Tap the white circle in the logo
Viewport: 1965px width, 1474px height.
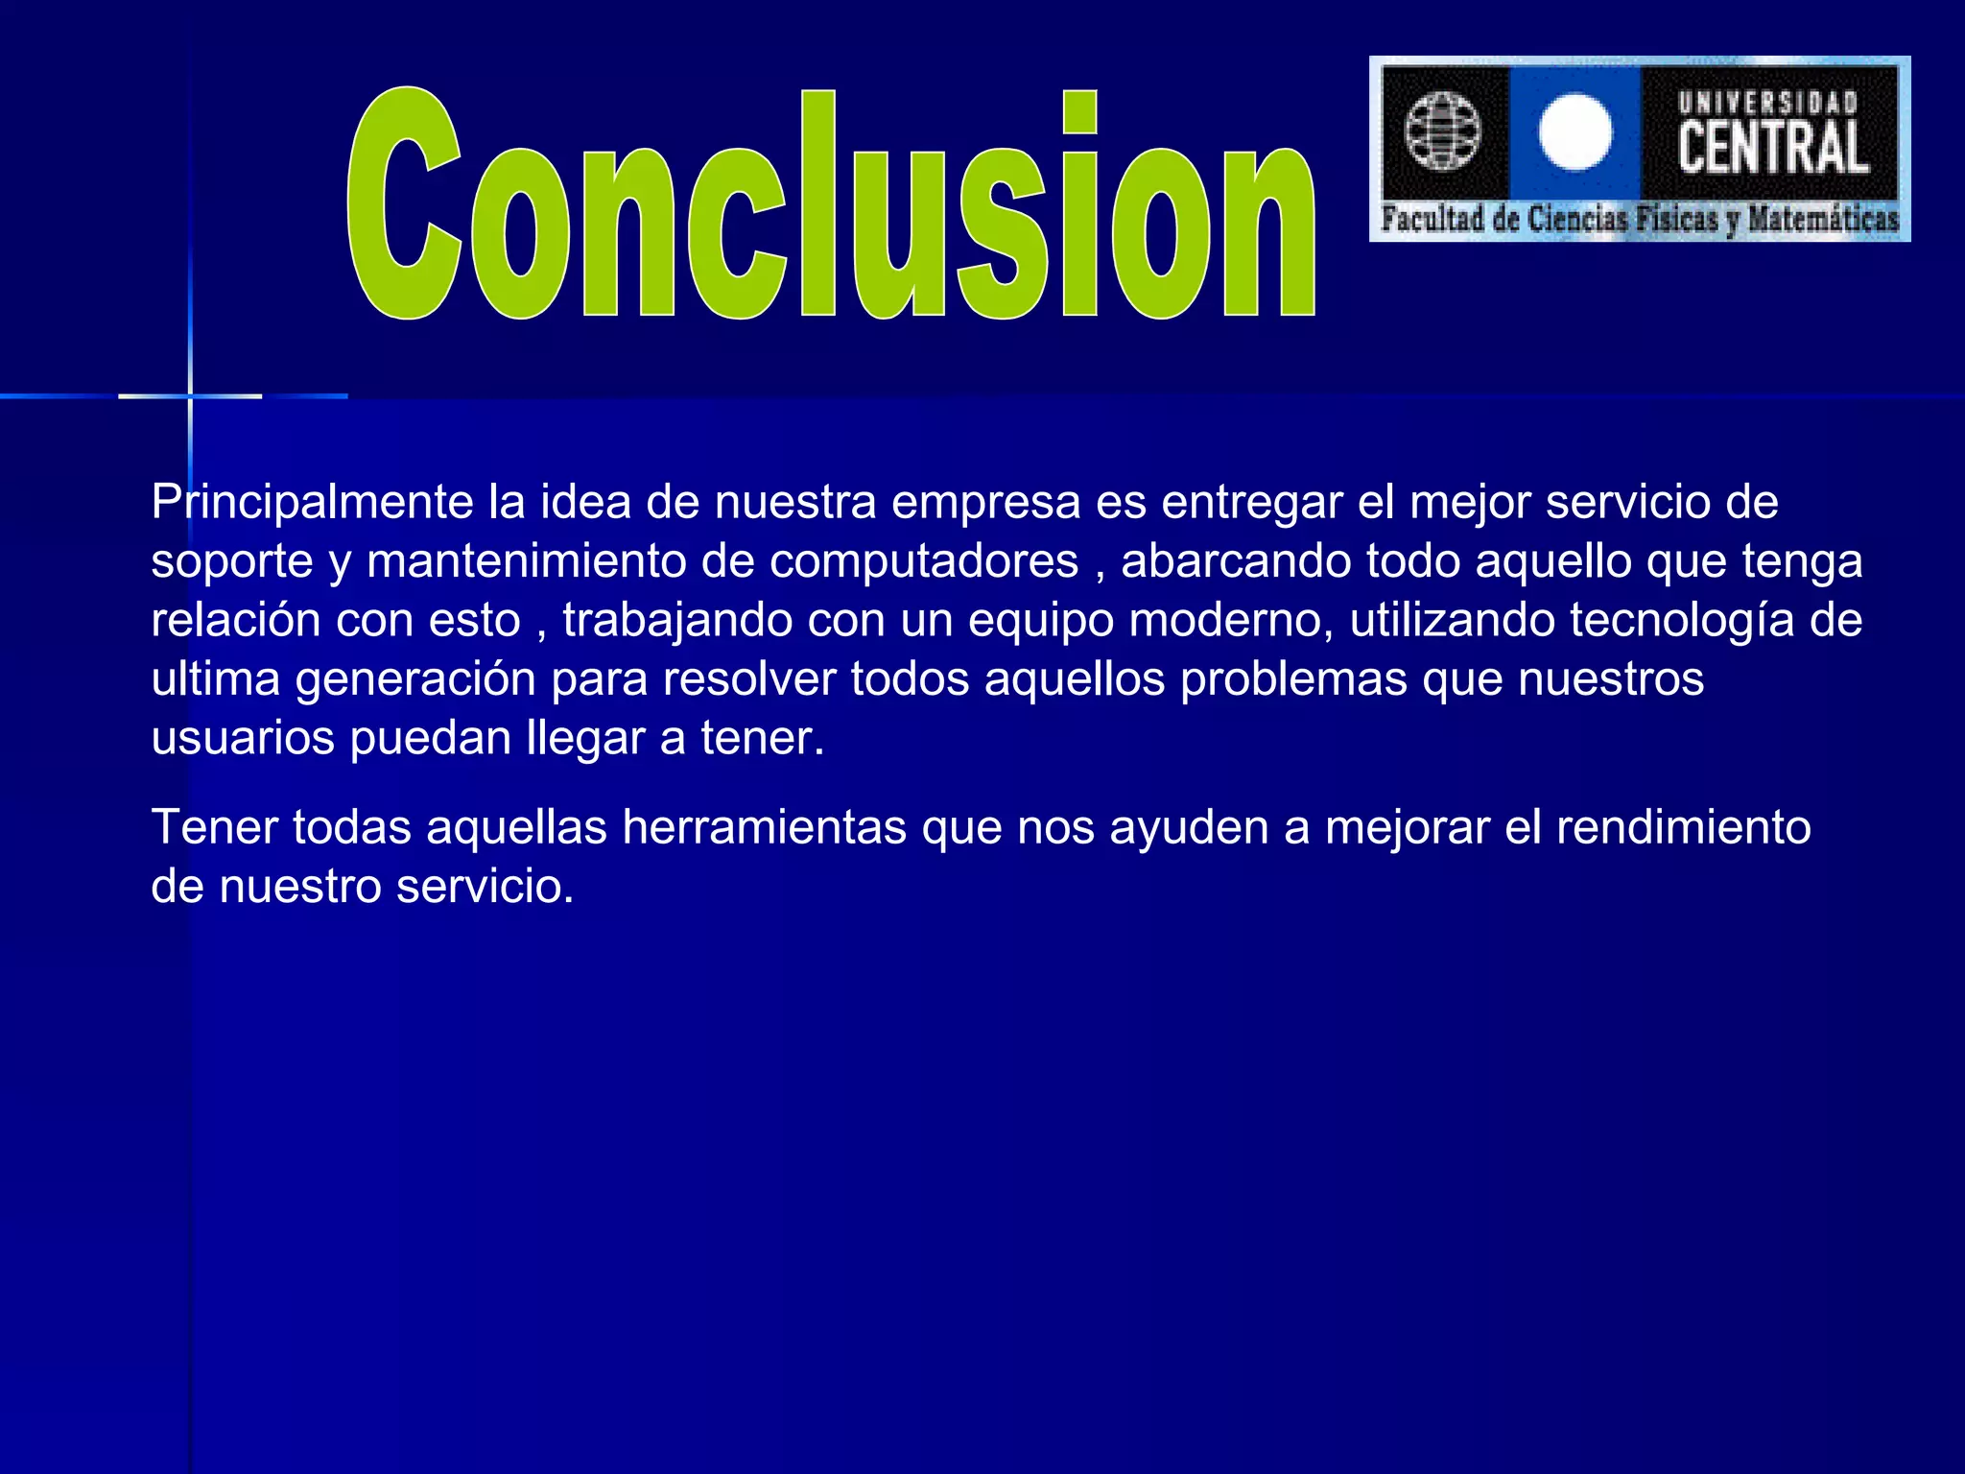click(x=1574, y=132)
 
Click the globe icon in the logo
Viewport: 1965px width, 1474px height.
click(x=1442, y=131)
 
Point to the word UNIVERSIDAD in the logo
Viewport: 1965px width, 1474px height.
click(x=1768, y=102)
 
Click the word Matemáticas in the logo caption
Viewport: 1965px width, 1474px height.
click(x=1823, y=220)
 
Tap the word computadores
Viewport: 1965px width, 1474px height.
click(x=924, y=562)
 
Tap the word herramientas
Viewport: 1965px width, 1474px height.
click(x=764, y=828)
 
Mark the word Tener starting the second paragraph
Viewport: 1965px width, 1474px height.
click(x=214, y=828)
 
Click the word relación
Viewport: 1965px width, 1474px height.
click(x=236, y=621)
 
